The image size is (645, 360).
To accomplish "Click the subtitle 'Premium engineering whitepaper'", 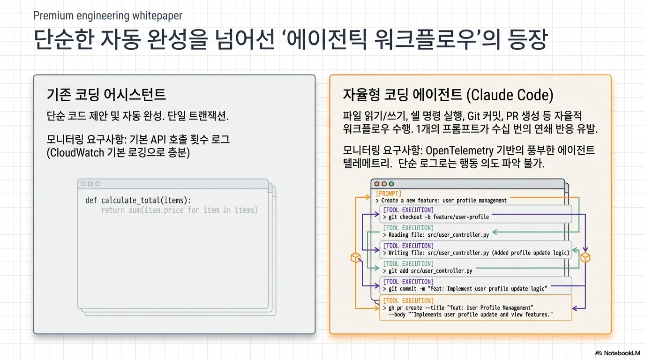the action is click(108, 15).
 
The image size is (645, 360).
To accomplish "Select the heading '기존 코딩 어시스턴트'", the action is click(106, 94).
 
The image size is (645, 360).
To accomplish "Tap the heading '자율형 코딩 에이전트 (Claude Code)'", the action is click(448, 95).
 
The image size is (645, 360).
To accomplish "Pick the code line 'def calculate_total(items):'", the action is click(138, 200).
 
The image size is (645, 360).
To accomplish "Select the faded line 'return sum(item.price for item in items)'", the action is click(180, 210).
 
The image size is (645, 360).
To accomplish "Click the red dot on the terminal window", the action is click(376, 184).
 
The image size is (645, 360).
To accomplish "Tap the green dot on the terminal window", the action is click(391, 184).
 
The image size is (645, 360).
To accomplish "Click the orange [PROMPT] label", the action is click(389, 193).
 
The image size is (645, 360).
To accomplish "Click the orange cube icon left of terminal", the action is click(356, 257).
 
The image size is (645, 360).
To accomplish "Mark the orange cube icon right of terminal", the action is click(585, 257).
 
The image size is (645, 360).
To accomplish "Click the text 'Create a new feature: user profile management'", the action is click(443, 201).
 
